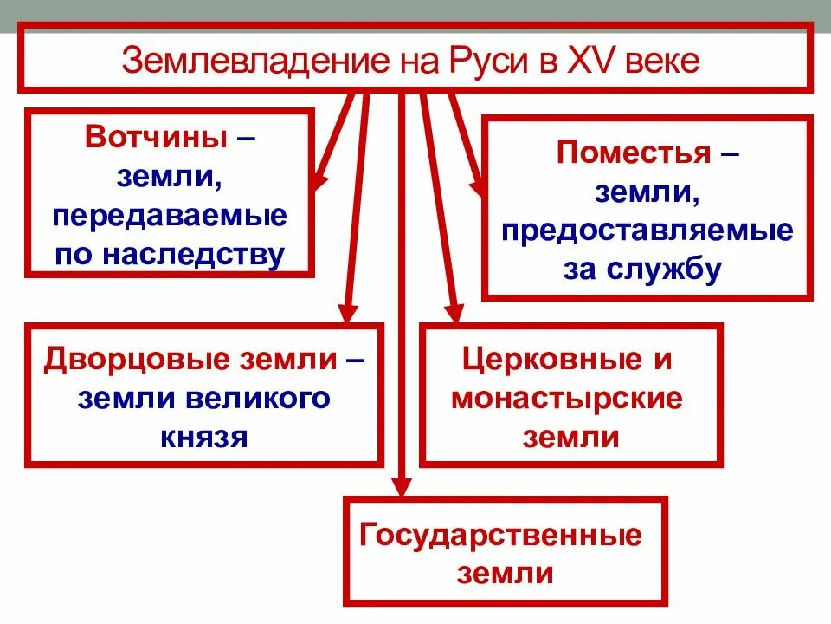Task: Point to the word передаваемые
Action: tap(169, 216)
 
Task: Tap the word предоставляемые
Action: tap(647, 231)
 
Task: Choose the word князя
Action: tap(204, 436)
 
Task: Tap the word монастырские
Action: tap(567, 398)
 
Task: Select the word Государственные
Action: tap(501, 536)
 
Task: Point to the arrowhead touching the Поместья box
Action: tap(477, 185)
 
